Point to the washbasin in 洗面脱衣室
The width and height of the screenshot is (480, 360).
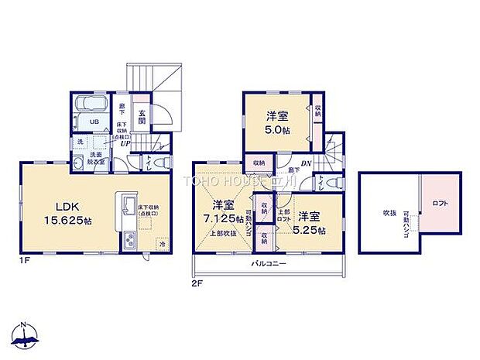78,163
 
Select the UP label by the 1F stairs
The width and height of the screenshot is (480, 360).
123,142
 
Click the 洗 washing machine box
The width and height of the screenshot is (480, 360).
80,142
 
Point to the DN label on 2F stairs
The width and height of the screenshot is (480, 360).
306,163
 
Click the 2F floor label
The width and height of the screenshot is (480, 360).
197,283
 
